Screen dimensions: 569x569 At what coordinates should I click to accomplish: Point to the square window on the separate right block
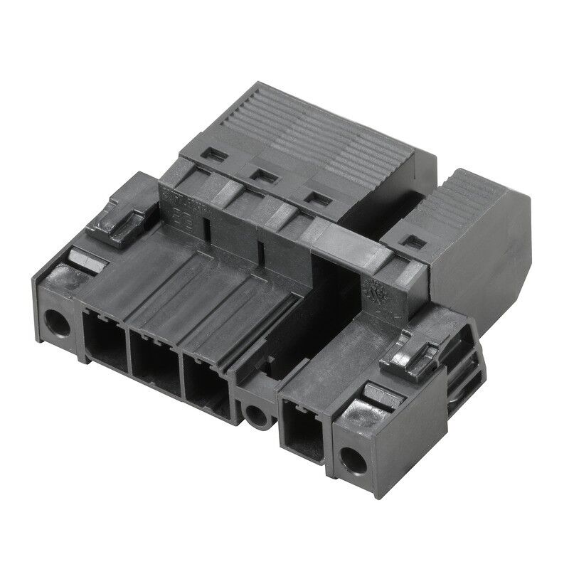[410, 243]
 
